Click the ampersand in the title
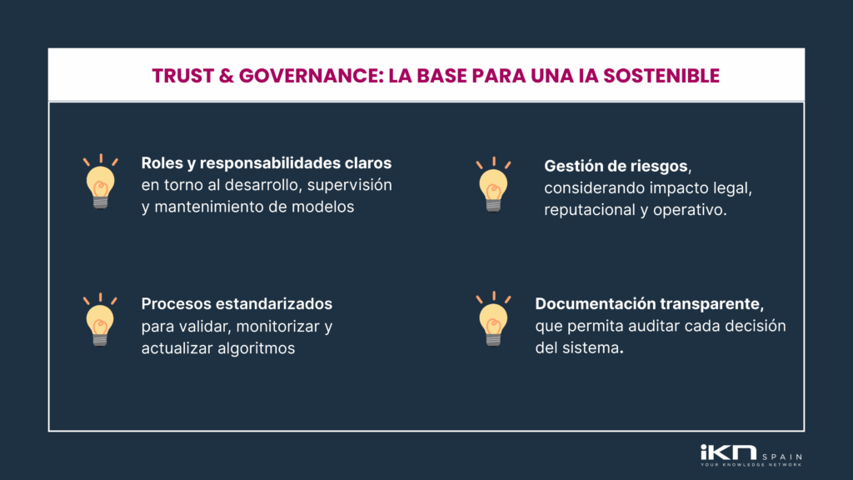click(223, 76)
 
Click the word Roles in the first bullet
click(161, 162)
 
